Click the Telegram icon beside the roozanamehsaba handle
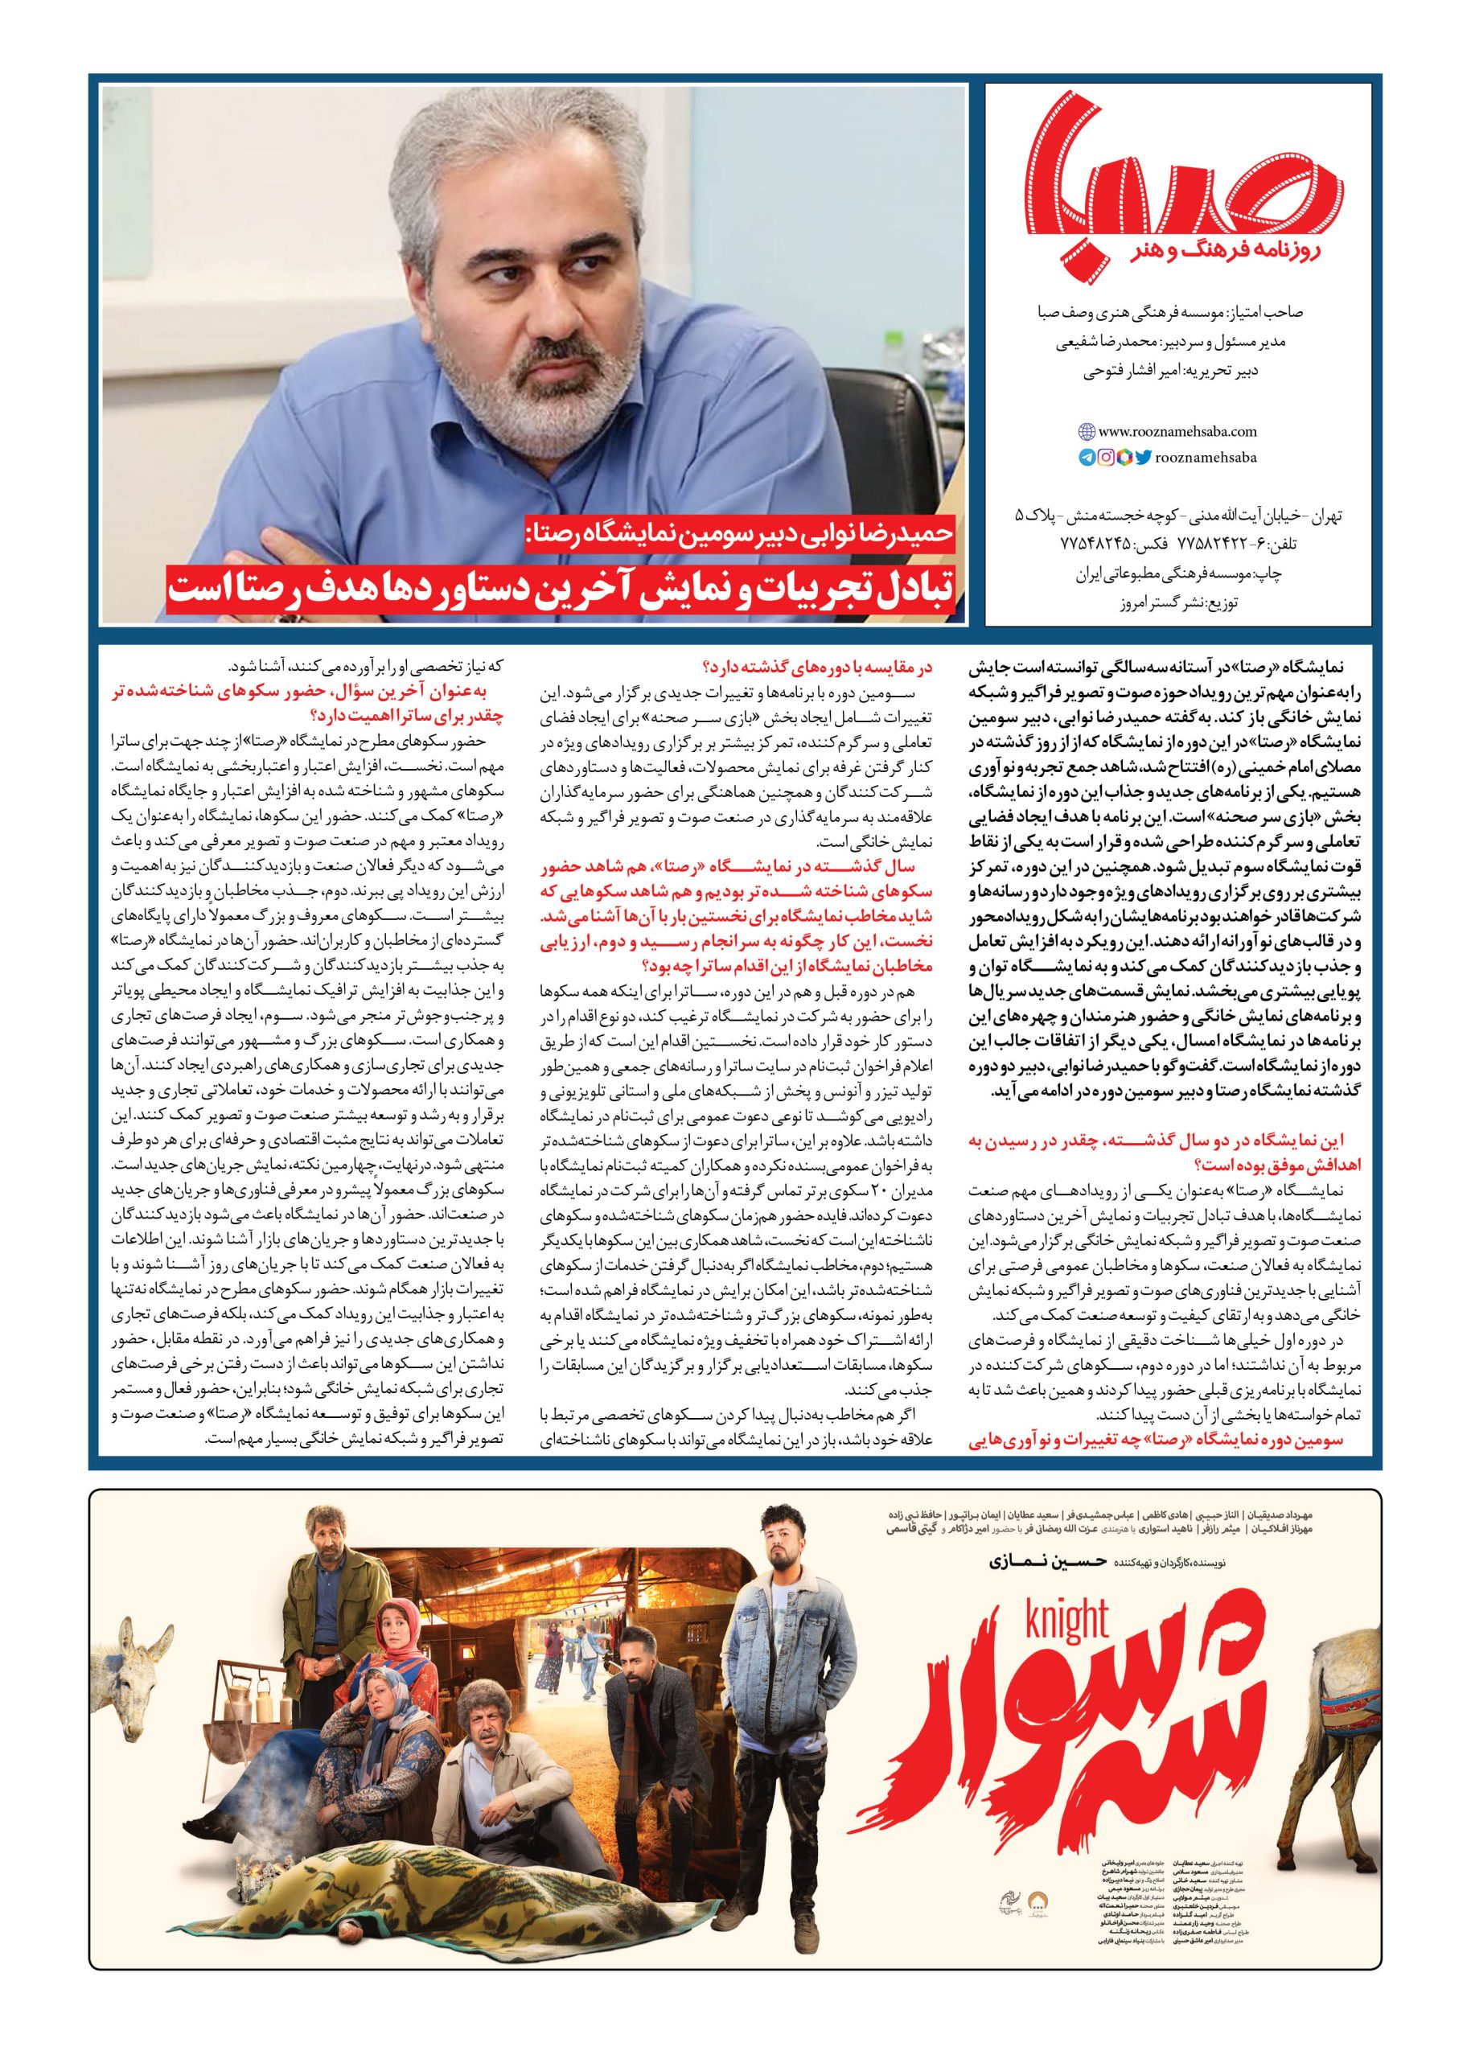(x=1086, y=458)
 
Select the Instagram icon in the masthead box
(x=1105, y=458)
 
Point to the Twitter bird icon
(x=1143, y=458)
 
